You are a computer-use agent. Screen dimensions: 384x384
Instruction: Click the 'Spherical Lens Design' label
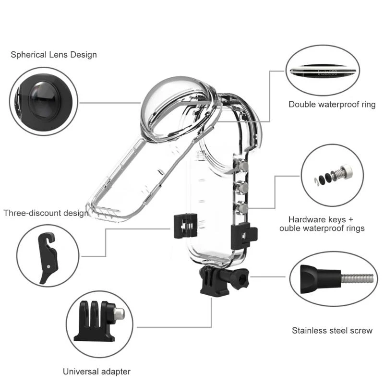[54, 55]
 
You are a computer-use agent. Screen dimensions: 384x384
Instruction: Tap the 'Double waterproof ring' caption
[332, 105]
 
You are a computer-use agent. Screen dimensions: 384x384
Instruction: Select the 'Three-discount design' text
[46, 213]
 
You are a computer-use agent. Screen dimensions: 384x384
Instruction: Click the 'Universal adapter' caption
[96, 371]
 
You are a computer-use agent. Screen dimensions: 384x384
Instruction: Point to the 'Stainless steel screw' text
[332, 330]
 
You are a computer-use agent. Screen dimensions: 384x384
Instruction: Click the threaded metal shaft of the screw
[357, 277]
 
